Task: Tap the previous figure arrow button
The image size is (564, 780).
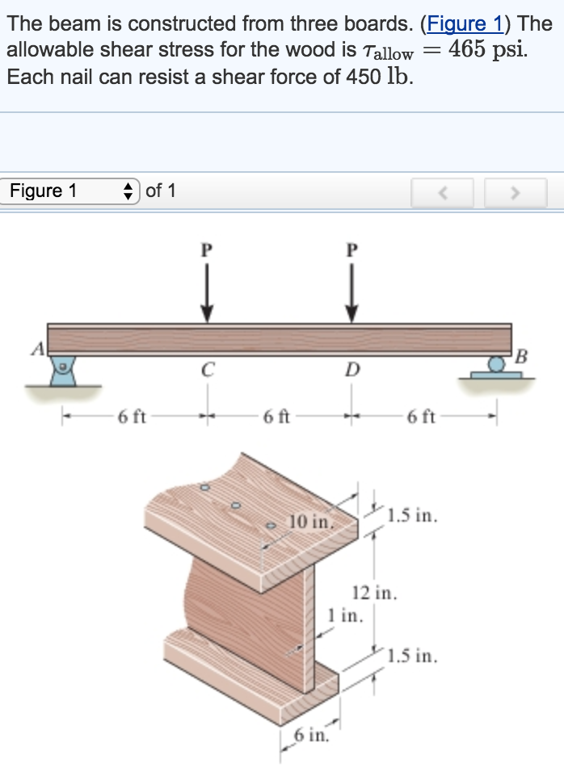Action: [x=441, y=193]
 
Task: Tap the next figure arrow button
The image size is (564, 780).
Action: [x=516, y=193]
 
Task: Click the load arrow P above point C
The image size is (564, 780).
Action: [x=207, y=291]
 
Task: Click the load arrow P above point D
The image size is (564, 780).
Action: [x=351, y=291]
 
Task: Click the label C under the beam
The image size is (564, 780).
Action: [x=207, y=371]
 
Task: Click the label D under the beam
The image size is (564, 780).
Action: [x=351, y=371]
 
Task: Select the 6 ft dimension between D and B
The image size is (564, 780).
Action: [x=422, y=417]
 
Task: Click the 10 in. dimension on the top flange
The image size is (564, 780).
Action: [x=310, y=522]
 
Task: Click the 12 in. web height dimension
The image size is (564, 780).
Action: [x=375, y=593]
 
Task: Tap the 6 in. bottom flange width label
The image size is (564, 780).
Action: [x=309, y=735]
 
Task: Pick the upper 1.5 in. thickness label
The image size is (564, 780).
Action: [x=412, y=515]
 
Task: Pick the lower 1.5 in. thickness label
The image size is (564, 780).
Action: [x=412, y=656]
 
